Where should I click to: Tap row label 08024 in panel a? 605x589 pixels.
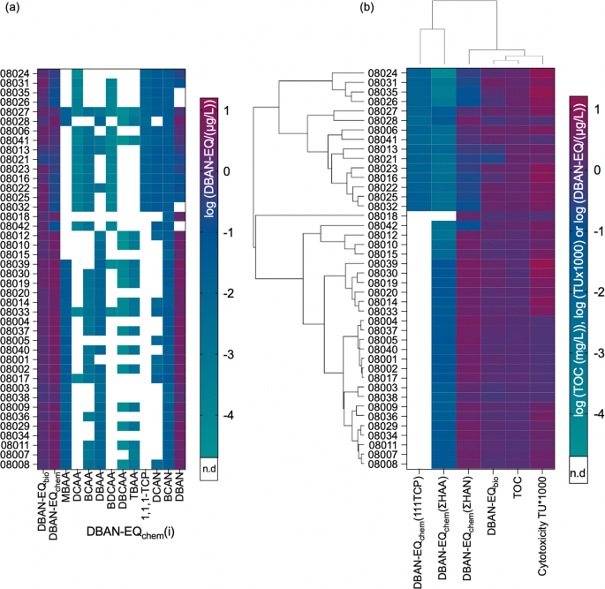[x=18, y=72]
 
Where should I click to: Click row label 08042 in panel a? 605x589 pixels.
[x=18, y=225]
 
